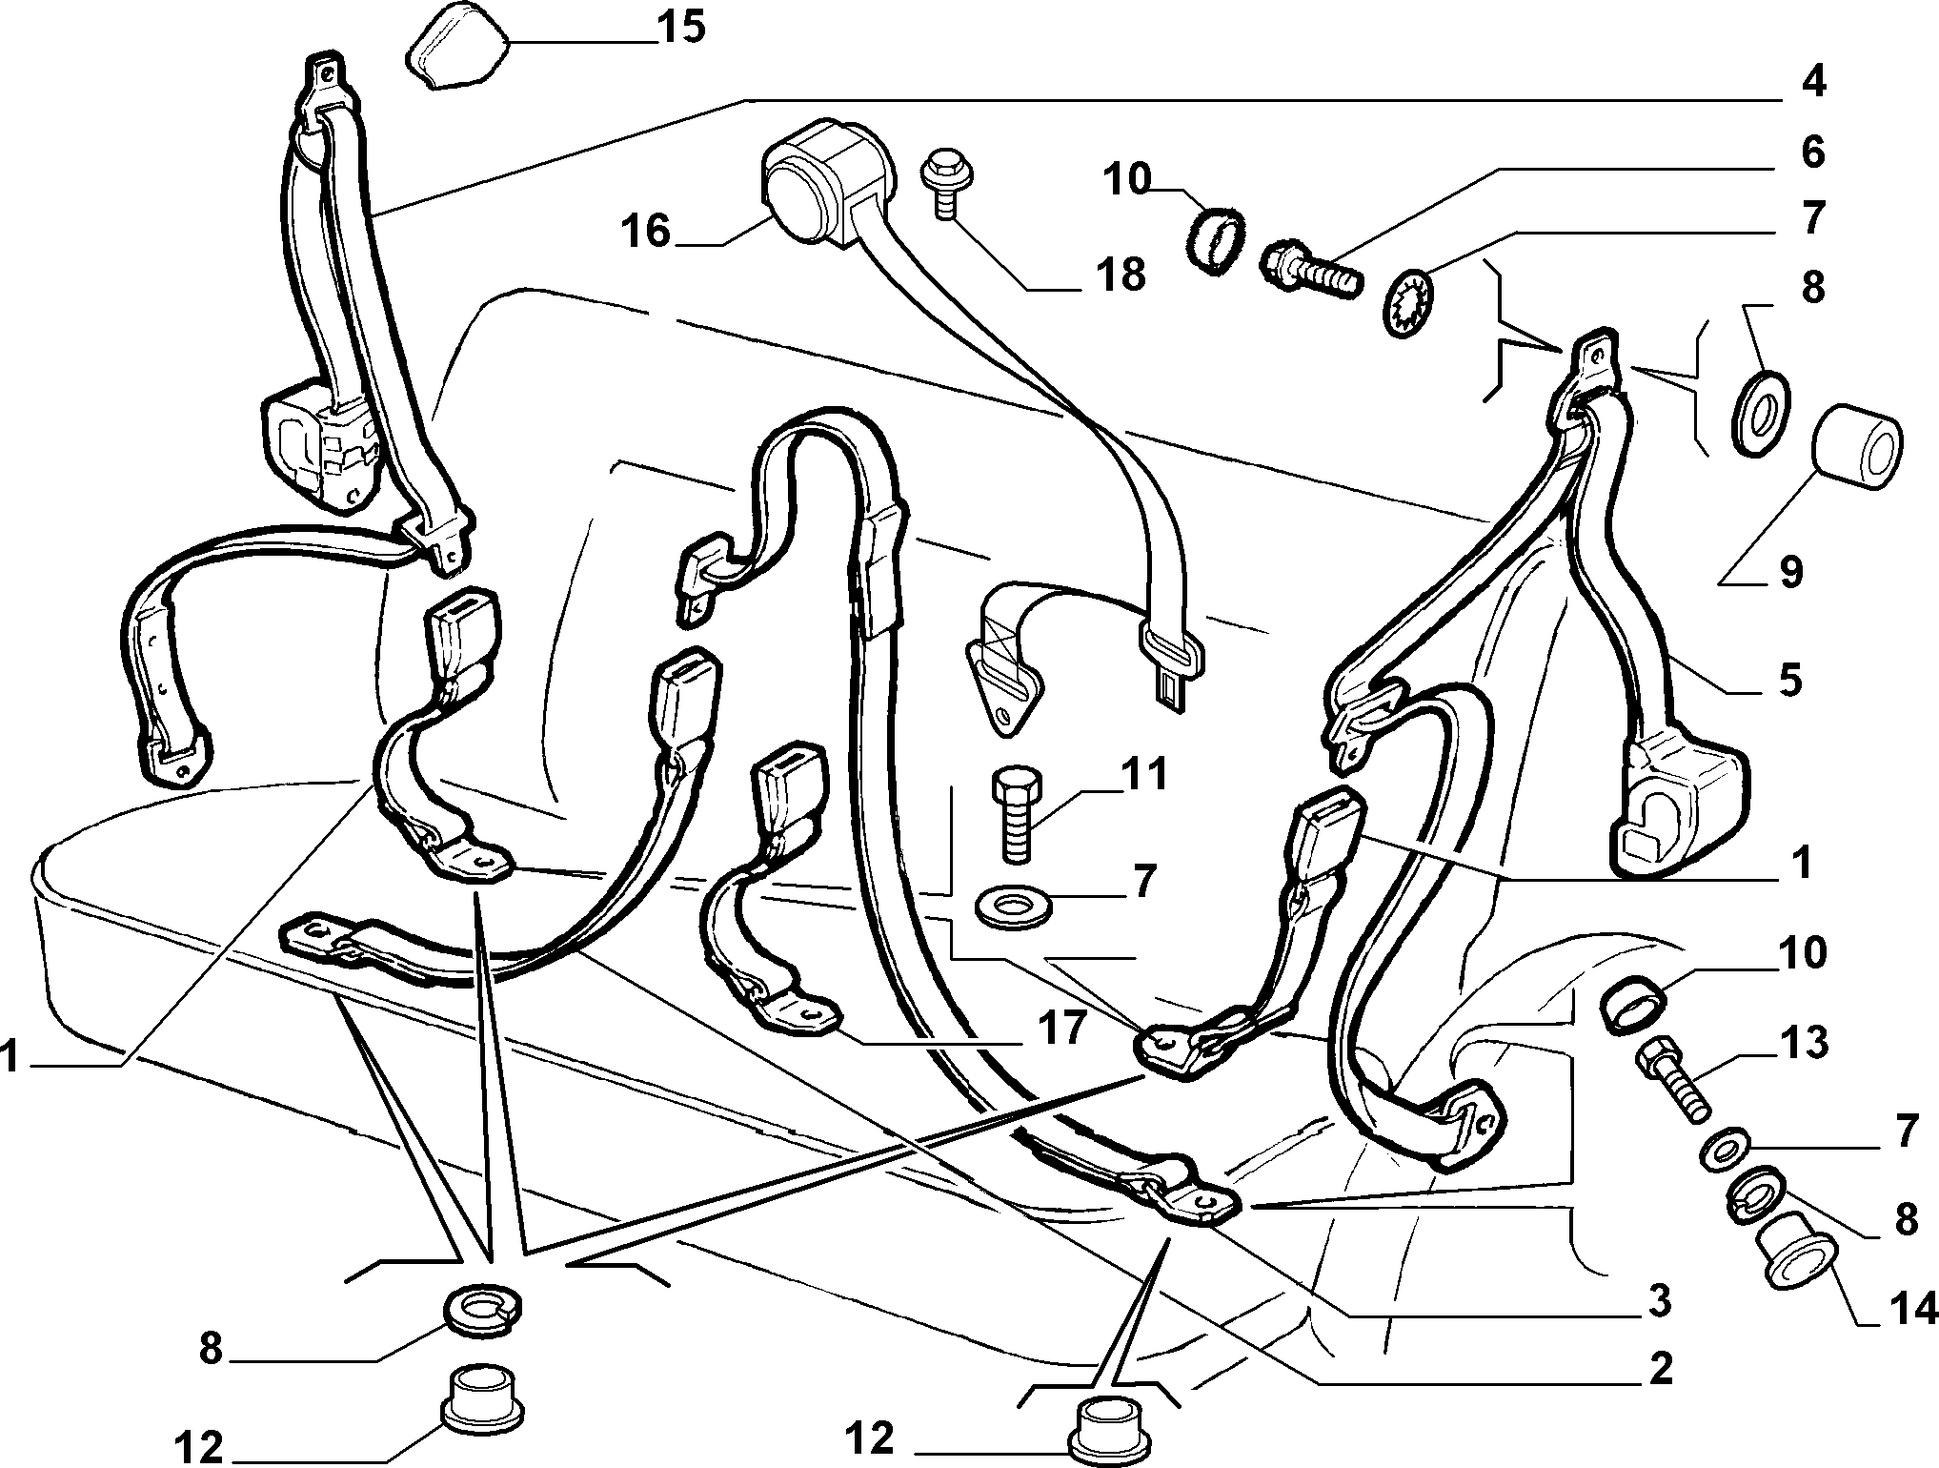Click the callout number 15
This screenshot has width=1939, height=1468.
[x=681, y=27]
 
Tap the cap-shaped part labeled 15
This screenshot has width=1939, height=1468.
[x=453, y=47]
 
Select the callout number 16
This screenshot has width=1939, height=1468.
[x=646, y=231]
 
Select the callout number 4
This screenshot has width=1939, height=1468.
[x=1812, y=82]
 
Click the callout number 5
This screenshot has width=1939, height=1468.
[x=1789, y=681]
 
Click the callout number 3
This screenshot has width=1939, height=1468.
[x=1659, y=1300]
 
